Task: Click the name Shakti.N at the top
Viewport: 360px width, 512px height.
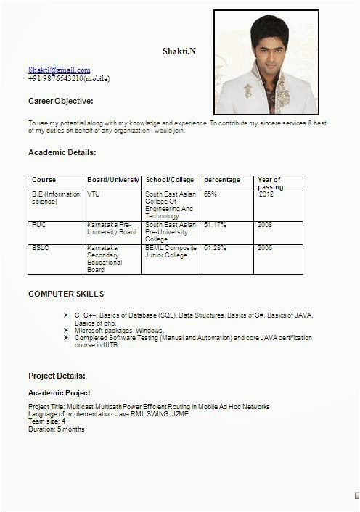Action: [x=179, y=51]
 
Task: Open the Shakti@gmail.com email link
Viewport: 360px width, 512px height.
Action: [x=60, y=70]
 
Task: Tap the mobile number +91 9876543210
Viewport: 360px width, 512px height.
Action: [x=69, y=78]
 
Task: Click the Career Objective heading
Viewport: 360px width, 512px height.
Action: [x=60, y=101]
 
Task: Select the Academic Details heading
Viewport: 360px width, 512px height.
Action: [x=62, y=152]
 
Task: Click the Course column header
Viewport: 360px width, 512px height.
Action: [x=44, y=180]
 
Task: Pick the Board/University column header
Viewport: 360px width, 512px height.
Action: [x=113, y=180]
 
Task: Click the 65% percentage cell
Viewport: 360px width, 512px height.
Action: [x=210, y=194]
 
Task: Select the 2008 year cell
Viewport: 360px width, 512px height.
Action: [x=265, y=225]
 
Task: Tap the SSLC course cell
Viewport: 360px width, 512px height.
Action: [x=40, y=248]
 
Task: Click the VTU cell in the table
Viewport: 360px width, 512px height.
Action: [x=94, y=194]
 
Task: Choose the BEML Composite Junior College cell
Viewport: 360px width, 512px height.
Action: [x=170, y=252]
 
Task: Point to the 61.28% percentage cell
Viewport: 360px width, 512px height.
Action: [x=215, y=248]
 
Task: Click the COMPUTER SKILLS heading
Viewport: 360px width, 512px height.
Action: [x=66, y=294]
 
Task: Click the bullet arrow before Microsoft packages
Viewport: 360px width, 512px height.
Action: [x=67, y=330]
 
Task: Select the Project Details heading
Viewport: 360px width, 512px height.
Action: [x=57, y=376]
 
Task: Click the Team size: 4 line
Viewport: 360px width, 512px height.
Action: [x=47, y=421]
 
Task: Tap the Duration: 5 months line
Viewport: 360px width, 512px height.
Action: [x=56, y=429]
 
